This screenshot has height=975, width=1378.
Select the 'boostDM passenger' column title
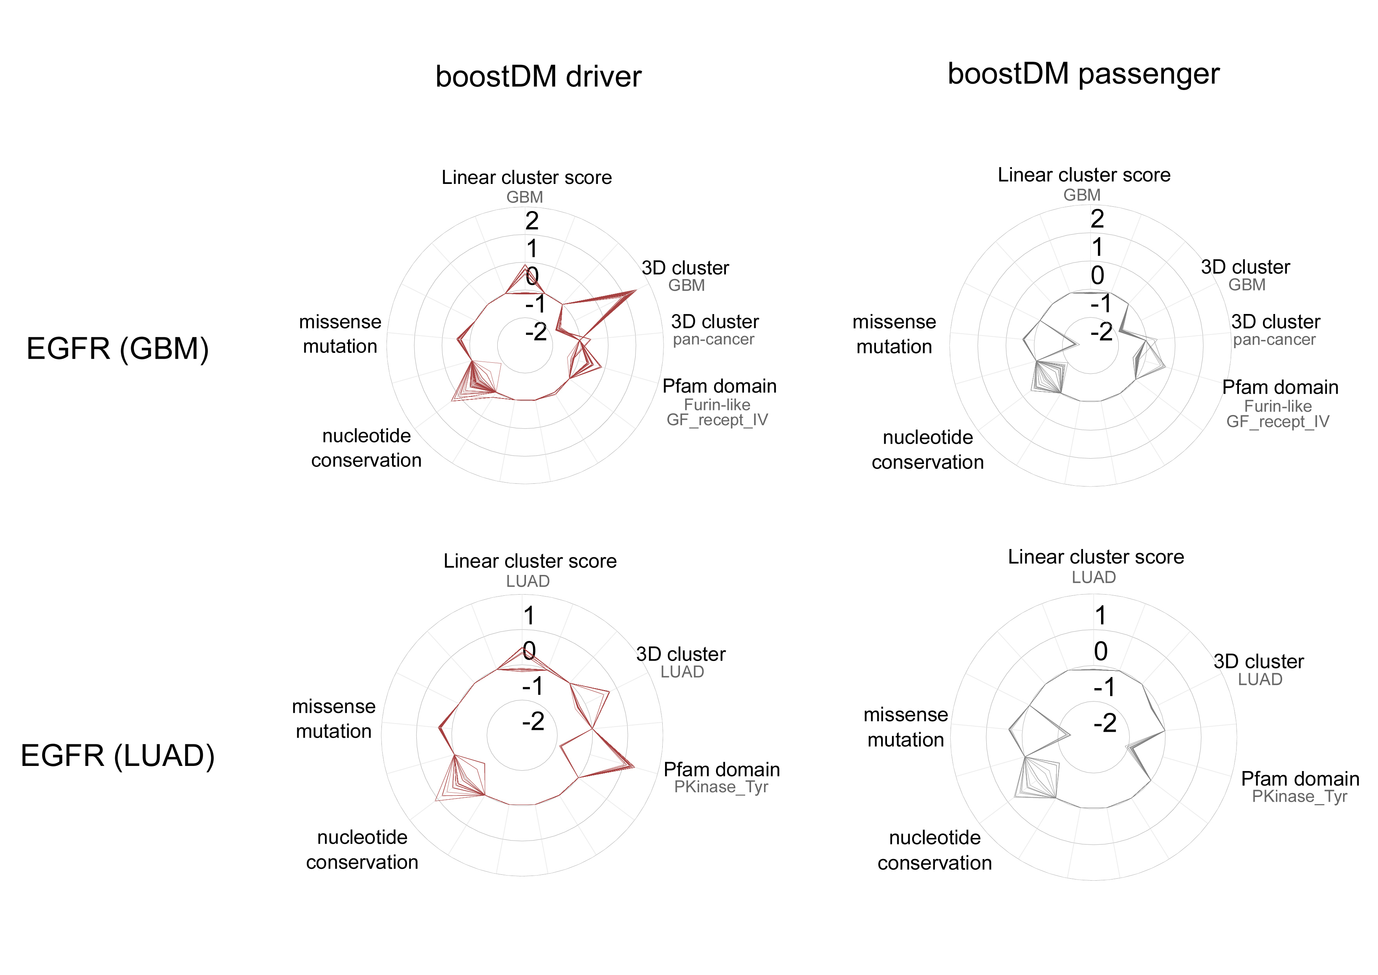[x=1083, y=74]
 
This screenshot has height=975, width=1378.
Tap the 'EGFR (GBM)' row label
[x=117, y=349]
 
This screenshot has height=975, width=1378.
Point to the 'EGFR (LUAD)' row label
[x=117, y=755]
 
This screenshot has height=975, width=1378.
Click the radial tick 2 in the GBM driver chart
[x=532, y=221]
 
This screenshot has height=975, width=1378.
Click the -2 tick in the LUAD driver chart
[x=533, y=721]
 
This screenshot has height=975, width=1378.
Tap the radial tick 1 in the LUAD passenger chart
[x=1100, y=615]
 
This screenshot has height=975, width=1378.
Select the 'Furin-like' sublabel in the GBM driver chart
[x=717, y=405]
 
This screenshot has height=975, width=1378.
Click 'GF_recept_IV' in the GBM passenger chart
[x=1278, y=421]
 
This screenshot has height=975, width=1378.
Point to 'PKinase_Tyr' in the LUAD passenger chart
[x=1299, y=797]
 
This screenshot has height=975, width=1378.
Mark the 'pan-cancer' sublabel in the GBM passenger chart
[x=1274, y=340]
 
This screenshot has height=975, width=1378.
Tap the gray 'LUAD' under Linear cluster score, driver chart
[x=528, y=581]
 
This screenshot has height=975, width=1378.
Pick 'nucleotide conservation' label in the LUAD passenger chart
[x=935, y=850]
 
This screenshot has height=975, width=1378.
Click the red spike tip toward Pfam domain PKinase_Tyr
[x=634, y=767]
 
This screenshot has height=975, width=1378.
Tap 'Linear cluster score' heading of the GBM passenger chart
[x=1084, y=175]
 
